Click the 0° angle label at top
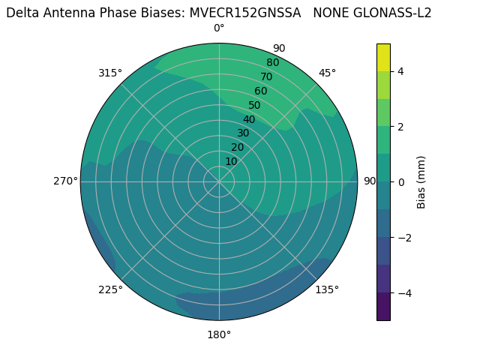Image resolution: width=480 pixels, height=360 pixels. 219,28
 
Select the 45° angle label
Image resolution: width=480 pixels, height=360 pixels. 328,73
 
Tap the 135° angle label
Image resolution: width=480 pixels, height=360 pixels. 327,289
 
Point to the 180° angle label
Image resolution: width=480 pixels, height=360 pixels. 219,334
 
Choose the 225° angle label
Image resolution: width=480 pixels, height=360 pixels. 110,289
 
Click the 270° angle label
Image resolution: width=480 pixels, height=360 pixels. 65,181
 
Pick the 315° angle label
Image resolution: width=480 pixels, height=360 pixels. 110,73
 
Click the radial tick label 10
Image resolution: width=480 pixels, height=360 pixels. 232,161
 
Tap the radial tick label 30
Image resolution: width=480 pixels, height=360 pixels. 244,133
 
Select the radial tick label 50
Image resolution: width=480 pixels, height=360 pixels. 255,106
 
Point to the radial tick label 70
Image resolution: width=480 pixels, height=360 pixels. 267,77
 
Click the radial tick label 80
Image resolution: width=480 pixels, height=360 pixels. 273,63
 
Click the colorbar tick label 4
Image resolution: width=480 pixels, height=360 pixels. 401,71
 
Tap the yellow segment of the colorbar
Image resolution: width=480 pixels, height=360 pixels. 383,57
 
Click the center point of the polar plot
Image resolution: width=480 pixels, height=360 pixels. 219,181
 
